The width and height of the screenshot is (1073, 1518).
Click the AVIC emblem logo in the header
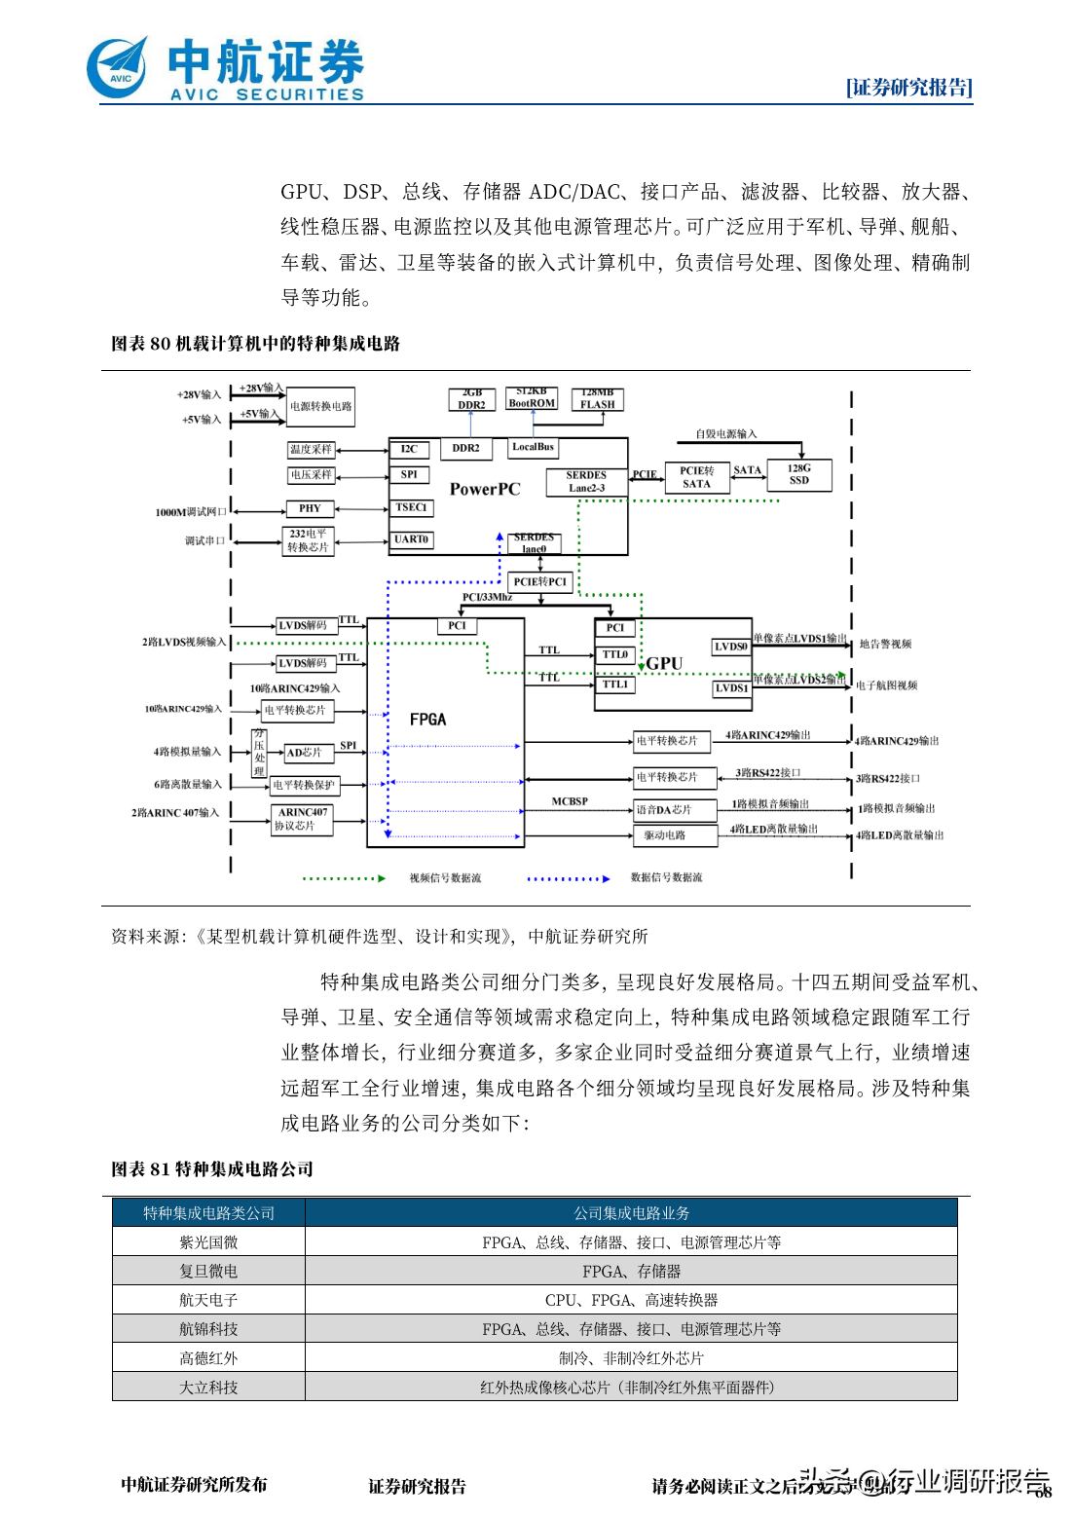coord(118,67)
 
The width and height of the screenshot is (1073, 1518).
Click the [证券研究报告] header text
coord(908,88)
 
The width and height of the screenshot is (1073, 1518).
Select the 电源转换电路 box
coord(320,407)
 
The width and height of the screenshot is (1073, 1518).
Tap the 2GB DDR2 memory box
coord(471,399)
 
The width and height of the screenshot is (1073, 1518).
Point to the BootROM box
coord(532,398)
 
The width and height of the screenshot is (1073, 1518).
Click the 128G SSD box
coord(798,474)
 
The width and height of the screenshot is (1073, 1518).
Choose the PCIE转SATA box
coord(696,477)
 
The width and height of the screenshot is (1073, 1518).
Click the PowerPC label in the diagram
coord(485,489)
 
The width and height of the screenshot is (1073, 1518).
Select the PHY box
coord(310,508)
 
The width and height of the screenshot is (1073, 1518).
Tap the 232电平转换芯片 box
coord(308,540)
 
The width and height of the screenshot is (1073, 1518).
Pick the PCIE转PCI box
coord(539,581)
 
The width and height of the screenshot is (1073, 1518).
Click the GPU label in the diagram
coord(664,663)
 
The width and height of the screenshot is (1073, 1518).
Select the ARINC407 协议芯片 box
coord(302,819)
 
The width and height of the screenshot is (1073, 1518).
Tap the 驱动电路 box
coord(664,835)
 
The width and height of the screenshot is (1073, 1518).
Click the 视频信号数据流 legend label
coord(445,878)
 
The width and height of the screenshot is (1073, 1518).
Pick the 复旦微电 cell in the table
coord(208,1272)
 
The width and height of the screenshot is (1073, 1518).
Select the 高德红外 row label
coord(208,1358)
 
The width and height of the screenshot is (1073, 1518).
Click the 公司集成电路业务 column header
coord(631,1213)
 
